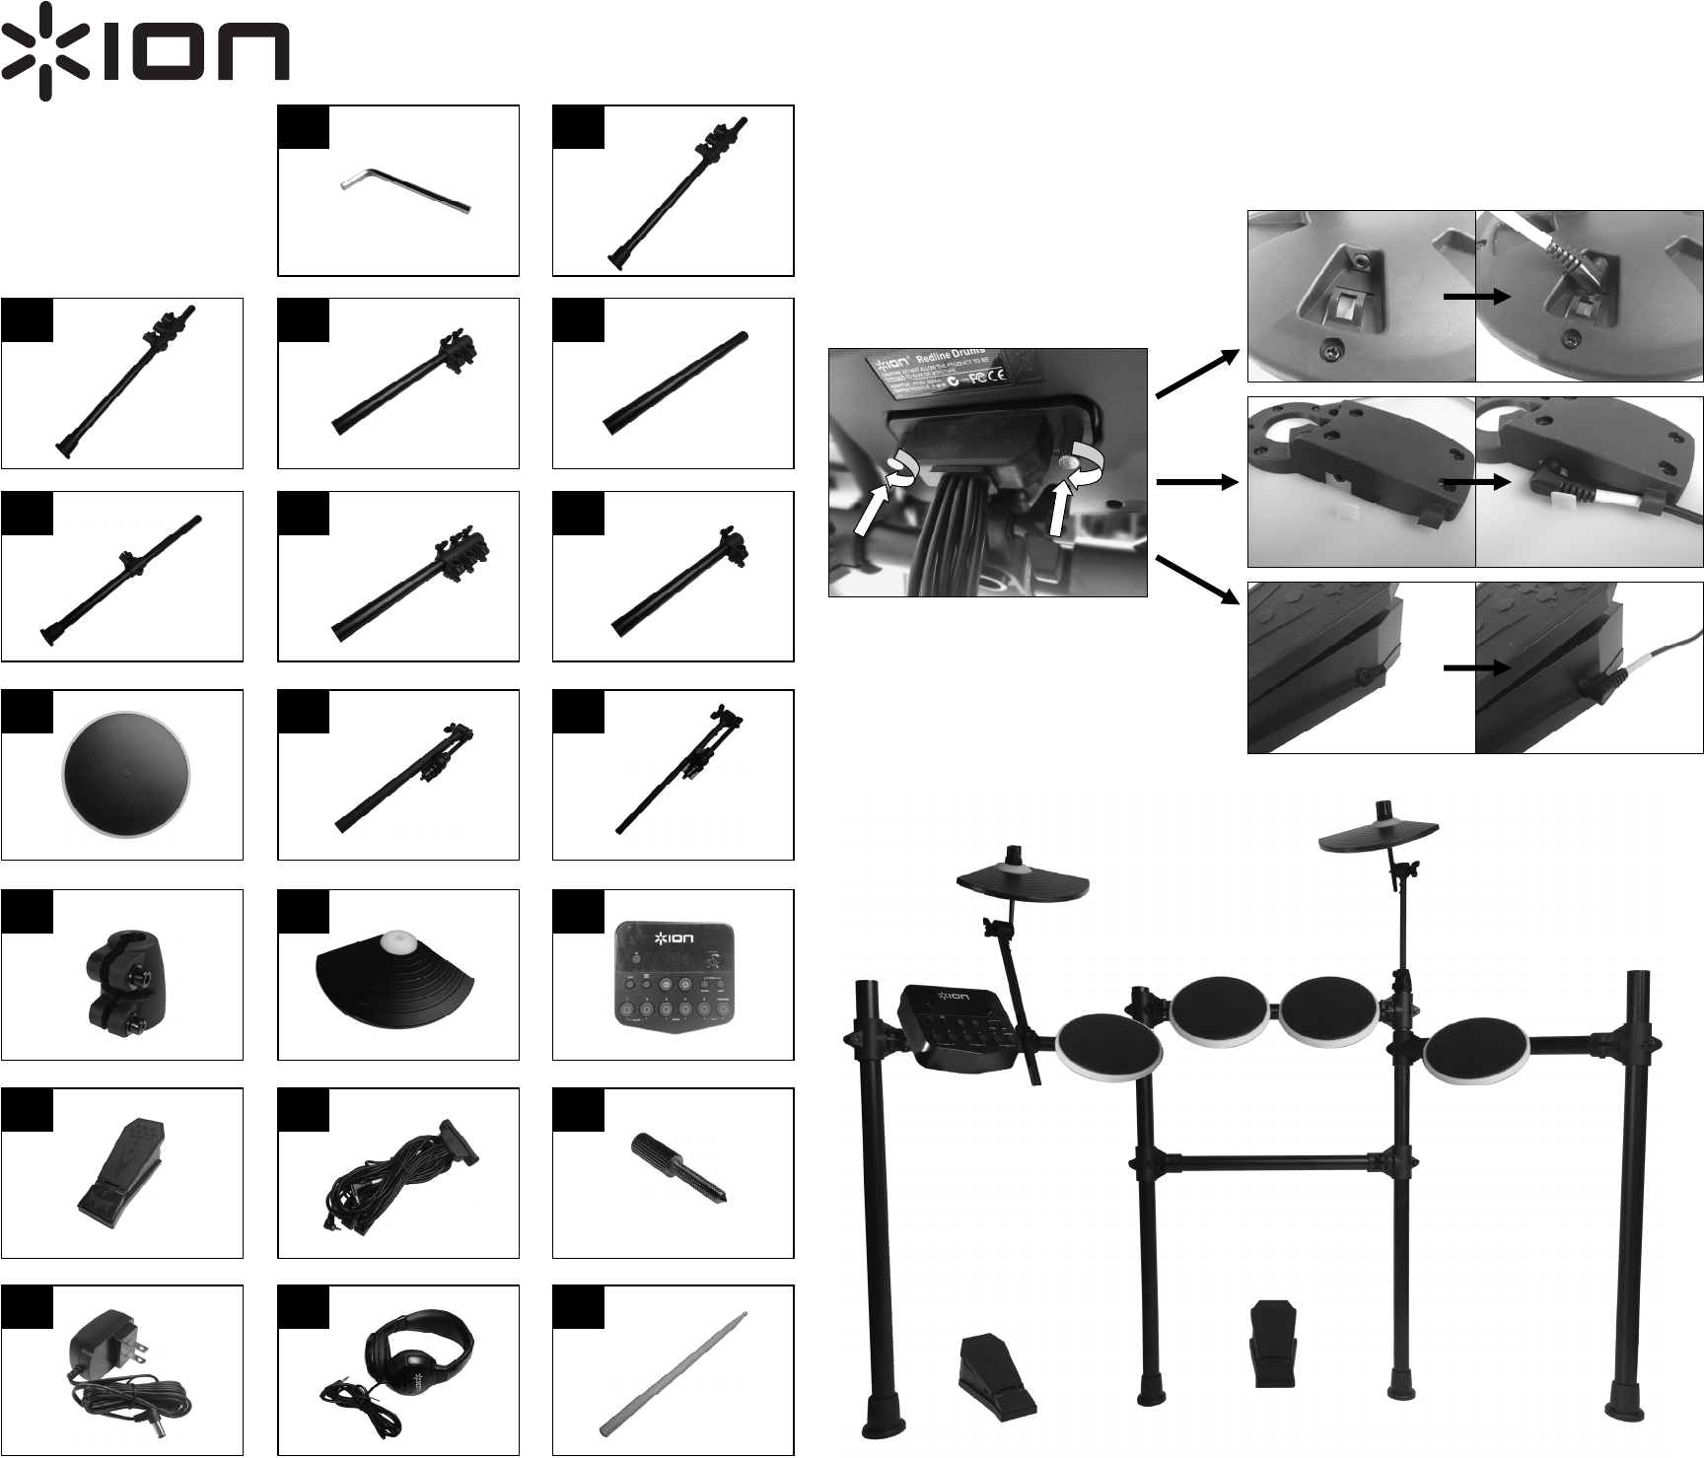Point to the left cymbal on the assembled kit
point(1024,883)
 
